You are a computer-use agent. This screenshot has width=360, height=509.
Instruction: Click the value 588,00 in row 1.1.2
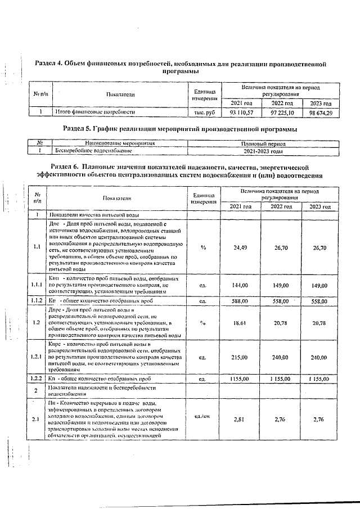coord(240,301)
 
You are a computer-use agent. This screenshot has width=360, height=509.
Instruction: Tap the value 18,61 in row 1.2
coord(240,323)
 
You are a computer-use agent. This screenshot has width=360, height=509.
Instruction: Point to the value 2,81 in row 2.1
coord(240,419)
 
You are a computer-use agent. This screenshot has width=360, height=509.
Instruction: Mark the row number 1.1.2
coord(37,301)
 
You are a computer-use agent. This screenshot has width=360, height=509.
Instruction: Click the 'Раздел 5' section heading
coord(179,129)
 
